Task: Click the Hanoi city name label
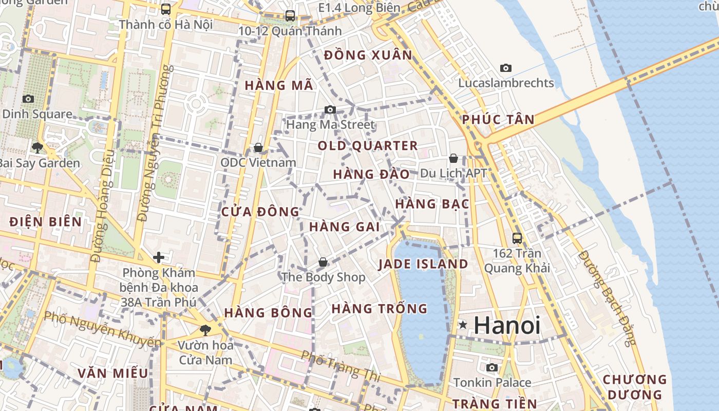point(507,325)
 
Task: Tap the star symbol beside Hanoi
point(463,325)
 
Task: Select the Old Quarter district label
point(368,146)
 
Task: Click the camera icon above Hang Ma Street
point(330,109)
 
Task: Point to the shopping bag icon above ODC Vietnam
point(258,148)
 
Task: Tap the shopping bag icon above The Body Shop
point(323,263)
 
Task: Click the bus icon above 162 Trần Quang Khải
point(517,238)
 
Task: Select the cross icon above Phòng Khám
point(159,257)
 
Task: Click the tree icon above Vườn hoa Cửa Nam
point(205,330)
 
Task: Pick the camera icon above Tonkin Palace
point(492,367)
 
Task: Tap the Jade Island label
point(423,265)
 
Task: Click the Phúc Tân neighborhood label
point(498,120)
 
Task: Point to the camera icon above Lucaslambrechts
point(506,68)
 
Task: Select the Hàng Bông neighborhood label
point(268,312)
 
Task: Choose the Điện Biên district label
point(46,222)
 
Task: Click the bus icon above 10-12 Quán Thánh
point(290,16)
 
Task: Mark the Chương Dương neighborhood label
point(634,387)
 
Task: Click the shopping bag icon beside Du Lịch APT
point(453,158)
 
